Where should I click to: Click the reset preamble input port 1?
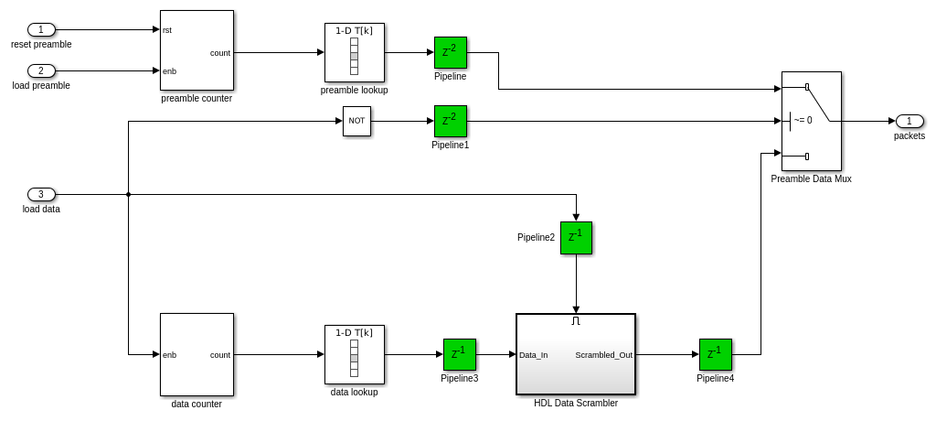click(x=41, y=29)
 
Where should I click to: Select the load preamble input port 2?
click(x=41, y=70)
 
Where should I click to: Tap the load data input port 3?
click(x=41, y=194)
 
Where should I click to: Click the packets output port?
click(x=909, y=121)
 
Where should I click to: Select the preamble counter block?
click(x=197, y=50)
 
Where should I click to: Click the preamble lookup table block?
click(x=354, y=52)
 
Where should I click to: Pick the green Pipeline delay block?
click(x=450, y=52)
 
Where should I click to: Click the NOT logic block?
click(x=356, y=121)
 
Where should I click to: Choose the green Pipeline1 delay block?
click(x=450, y=121)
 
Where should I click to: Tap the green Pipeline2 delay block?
click(x=576, y=237)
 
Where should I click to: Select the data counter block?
click(x=197, y=354)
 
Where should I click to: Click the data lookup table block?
click(x=354, y=354)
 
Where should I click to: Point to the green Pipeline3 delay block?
click(x=459, y=354)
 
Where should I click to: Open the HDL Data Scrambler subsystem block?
click(x=576, y=354)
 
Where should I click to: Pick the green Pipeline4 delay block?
click(x=715, y=354)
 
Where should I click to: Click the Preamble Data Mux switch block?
click(x=811, y=121)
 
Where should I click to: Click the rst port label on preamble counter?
click(x=167, y=30)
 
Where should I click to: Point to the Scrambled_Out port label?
click(x=603, y=355)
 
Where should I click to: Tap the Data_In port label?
click(x=533, y=355)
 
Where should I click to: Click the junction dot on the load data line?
click(x=128, y=194)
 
